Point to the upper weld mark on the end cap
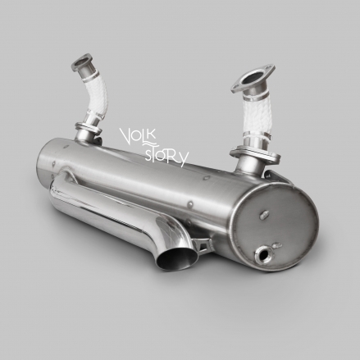click(x=263, y=215)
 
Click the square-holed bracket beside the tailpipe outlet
click(x=203, y=244)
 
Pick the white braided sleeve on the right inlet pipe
click(x=256, y=115)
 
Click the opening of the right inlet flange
click(x=253, y=77)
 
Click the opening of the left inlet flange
click(x=80, y=61)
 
